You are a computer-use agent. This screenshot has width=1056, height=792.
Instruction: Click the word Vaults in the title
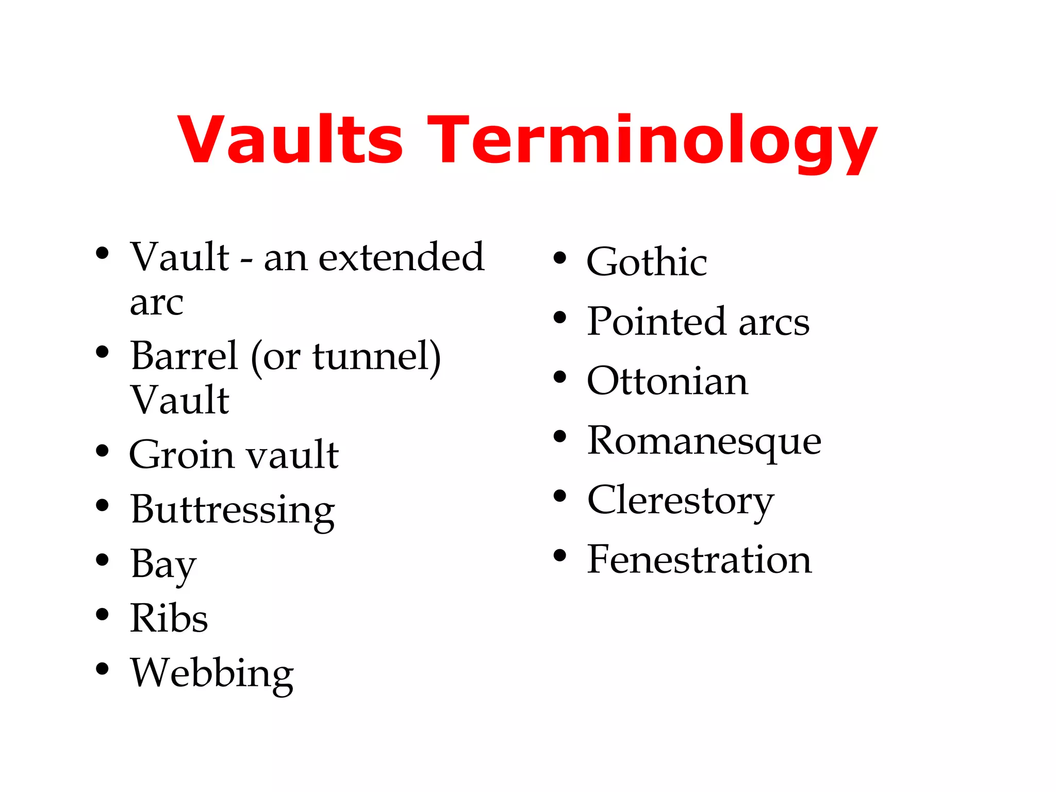[x=290, y=139]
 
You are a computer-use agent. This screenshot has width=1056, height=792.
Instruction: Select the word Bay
[x=163, y=565]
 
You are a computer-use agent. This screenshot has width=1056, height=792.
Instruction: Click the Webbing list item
[x=212, y=673]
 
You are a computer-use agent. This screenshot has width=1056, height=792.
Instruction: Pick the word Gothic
[x=647, y=262]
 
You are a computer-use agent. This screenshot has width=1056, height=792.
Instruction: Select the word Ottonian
[x=667, y=381]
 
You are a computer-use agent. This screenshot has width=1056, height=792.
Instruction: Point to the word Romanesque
[x=704, y=441]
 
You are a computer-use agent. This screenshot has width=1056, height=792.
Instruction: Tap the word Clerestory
[x=680, y=501]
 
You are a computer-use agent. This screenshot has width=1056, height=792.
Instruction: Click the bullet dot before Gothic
[x=559, y=258]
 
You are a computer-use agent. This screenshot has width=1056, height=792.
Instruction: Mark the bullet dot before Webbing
[x=102, y=669]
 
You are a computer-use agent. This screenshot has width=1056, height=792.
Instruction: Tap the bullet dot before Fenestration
[x=559, y=555]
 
